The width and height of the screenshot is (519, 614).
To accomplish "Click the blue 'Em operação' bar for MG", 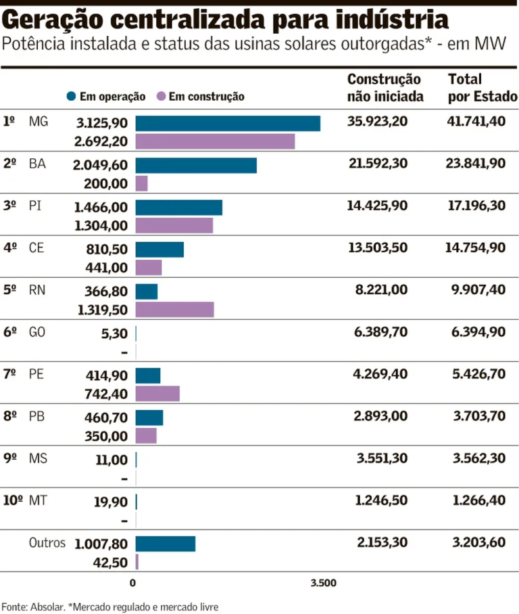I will click(x=228, y=123).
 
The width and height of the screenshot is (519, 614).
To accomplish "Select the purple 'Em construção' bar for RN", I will click(x=174, y=310).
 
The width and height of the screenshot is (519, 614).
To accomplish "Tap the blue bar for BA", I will click(x=196, y=166).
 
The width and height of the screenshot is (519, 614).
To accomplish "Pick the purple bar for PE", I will click(x=157, y=394).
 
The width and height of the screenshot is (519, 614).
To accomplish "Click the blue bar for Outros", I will click(x=166, y=544).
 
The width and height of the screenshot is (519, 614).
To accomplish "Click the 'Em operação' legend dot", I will click(x=72, y=97).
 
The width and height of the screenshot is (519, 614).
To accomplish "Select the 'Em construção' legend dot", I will click(x=161, y=97).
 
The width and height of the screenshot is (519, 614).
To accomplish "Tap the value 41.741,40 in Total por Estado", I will click(x=476, y=122).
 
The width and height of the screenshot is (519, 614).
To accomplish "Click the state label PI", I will click(x=35, y=206).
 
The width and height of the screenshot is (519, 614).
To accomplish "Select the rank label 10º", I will click(x=13, y=500).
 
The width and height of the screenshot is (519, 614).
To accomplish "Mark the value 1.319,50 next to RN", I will click(x=102, y=310).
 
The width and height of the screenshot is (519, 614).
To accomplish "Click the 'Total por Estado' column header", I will click(x=482, y=89).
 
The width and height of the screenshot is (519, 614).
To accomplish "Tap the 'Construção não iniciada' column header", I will click(x=385, y=89).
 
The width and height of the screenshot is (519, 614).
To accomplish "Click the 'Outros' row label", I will click(x=47, y=543).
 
